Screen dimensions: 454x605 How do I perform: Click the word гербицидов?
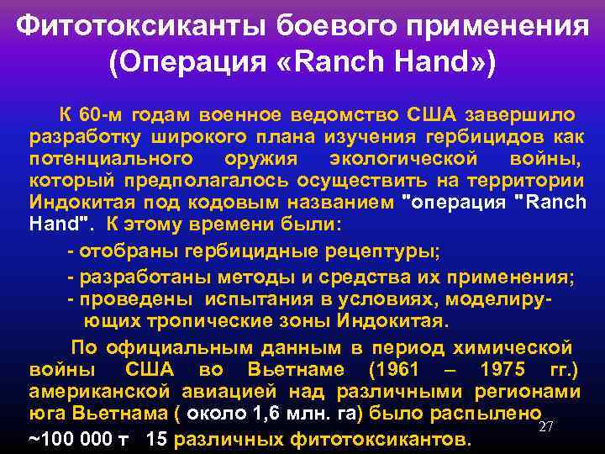click(487, 137)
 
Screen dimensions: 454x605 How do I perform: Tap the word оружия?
click(259, 159)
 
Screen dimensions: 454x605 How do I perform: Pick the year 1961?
click(402, 369)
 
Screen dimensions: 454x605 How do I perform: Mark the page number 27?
click(545, 426)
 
